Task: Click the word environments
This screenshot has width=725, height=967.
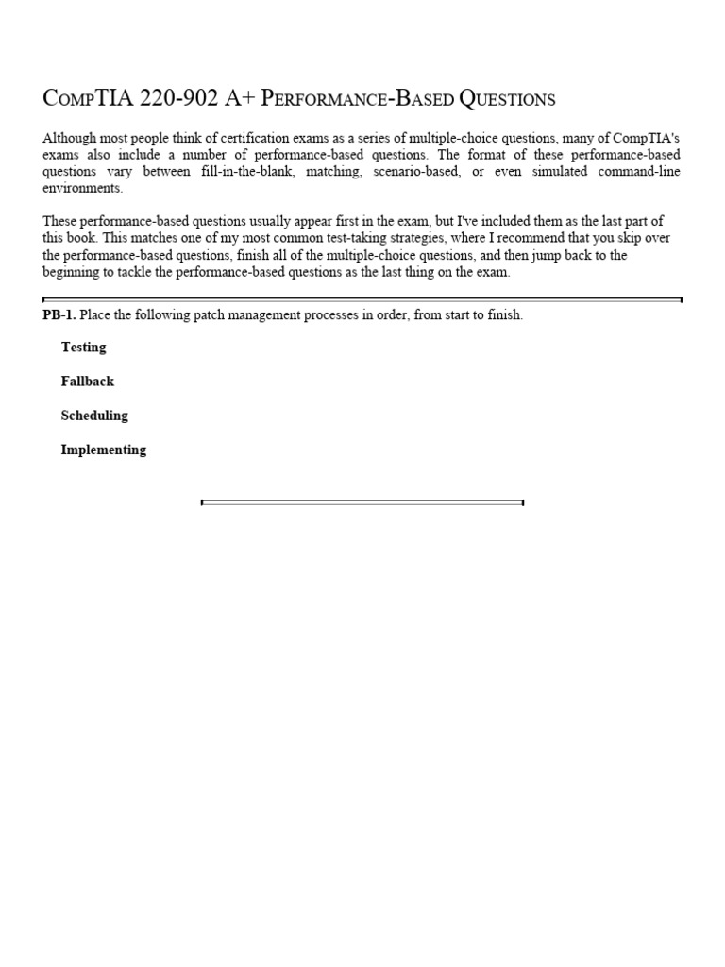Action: pos(83,188)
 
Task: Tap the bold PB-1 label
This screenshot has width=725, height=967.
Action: pos(59,315)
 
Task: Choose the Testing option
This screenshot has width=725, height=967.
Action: pos(84,348)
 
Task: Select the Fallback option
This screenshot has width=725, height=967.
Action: pos(88,382)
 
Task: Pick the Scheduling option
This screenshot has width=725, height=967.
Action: pos(94,416)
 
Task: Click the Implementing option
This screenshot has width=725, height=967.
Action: pos(104,450)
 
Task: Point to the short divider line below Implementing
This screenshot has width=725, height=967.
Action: pos(362,502)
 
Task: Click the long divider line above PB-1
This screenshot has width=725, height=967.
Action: pos(362,299)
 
